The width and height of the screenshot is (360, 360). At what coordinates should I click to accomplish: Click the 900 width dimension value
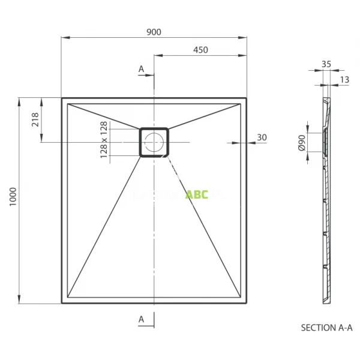154,32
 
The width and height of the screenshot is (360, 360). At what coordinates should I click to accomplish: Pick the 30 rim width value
261,137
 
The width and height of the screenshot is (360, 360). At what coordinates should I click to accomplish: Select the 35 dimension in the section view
326,63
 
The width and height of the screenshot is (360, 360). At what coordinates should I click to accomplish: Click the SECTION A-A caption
326,328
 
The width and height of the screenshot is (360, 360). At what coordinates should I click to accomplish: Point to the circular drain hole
154,142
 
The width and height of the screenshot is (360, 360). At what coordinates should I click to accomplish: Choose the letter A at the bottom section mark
142,319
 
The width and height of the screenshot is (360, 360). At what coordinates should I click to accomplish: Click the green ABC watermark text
196,194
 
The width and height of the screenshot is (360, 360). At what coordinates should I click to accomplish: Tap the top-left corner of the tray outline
62,98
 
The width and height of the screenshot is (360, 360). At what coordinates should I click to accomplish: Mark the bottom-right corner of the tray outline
246,303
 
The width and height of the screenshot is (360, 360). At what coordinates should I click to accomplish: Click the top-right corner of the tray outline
246,98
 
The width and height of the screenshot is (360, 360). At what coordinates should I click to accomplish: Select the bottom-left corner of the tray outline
62,303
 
